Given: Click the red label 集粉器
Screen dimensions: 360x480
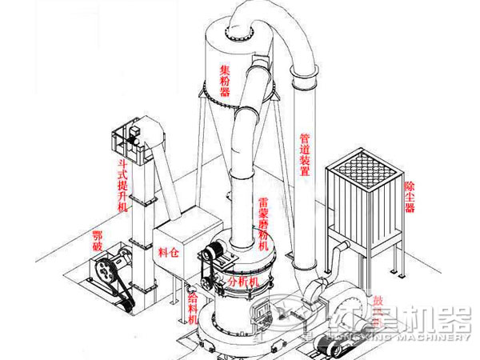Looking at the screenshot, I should [225, 81].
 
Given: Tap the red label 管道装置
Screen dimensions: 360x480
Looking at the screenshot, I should [305, 157].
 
